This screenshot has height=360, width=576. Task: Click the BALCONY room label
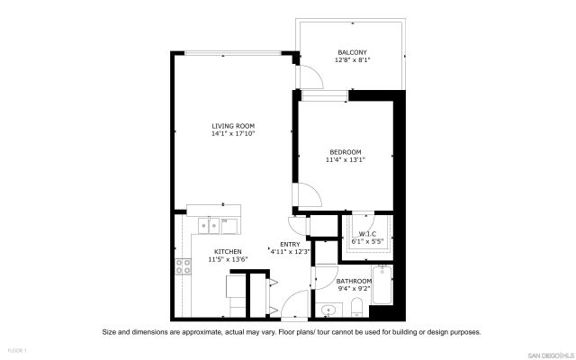(352, 52)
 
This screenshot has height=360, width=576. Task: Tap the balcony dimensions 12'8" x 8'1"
(352, 60)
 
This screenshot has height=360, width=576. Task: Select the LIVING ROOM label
(233, 126)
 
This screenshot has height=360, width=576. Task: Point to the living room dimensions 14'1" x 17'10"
(233, 134)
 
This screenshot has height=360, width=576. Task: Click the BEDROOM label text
(346, 151)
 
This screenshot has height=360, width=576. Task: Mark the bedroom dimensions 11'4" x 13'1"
(346, 160)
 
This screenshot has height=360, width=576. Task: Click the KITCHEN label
(228, 251)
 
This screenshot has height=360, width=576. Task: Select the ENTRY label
(290, 244)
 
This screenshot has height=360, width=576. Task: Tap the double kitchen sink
(213, 224)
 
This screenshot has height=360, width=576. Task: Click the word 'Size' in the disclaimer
(111, 331)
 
